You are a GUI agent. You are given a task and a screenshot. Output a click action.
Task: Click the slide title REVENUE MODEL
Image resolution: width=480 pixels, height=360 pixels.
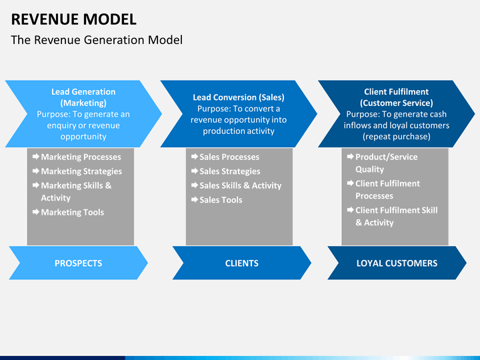point(74,19)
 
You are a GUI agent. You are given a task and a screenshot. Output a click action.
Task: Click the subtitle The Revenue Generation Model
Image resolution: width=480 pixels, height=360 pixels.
point(97,40)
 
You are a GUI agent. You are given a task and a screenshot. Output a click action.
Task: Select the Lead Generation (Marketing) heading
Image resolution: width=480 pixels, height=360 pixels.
point(83,97)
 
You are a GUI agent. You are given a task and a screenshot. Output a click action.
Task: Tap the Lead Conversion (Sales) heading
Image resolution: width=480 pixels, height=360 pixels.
point(239,97)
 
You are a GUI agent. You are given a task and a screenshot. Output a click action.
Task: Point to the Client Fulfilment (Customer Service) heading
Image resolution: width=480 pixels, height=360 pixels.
point(397,97)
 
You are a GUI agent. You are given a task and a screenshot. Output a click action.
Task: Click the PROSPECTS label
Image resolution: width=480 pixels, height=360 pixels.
point(79,263)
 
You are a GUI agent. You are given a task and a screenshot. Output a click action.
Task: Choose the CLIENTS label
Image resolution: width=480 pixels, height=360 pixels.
point(242,263)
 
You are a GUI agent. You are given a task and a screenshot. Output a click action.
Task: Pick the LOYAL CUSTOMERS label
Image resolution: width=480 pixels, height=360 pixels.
point(397,263)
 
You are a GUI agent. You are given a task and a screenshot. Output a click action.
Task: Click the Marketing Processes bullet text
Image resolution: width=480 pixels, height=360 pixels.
point(81,157)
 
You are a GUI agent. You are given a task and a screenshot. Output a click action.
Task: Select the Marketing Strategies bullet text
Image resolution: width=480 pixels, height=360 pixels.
point(81,171)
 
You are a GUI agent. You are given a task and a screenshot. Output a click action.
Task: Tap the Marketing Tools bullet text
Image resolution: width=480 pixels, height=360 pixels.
point(73,212)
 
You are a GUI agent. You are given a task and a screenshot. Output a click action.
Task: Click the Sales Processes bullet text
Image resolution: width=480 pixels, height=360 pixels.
point(229,157)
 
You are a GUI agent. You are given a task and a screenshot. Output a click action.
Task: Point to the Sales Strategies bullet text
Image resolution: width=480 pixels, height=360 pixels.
point(230,171)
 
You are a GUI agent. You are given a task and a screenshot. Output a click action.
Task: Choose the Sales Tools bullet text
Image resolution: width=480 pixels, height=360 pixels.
point(221,200)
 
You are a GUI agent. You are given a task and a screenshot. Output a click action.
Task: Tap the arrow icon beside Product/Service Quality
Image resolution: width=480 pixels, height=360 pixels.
point(351,157)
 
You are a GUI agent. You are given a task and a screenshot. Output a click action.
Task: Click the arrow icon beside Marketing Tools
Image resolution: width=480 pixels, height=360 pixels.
point(36,212)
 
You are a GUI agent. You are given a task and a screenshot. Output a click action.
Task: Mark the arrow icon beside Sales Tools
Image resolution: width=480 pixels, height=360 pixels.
point(195,199)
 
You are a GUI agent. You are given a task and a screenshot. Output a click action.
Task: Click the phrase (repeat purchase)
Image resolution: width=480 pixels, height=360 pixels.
point(397,137)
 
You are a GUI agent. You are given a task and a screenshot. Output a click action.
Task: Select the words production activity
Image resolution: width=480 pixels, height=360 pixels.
point(239,131)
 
